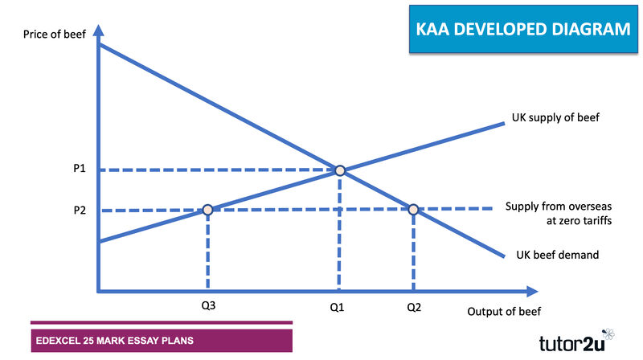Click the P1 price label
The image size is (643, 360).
(80, 168)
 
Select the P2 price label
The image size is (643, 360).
(80, 211)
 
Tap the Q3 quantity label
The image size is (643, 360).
(208, 305)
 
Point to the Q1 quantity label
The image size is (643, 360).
(337, 307)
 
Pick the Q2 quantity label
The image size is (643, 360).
(414, 307)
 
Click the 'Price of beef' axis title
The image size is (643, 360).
(55, 34)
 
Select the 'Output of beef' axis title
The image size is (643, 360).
(504, 312)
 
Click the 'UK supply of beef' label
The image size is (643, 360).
(555, 117)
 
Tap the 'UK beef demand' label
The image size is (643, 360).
(557, 255)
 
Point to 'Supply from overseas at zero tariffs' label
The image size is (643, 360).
(559, 213)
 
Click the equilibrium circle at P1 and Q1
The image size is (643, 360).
(340, 170)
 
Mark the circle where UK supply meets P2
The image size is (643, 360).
(208, 210)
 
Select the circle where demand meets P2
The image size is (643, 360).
(413, 210)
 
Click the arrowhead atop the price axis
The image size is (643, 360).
(98, 31)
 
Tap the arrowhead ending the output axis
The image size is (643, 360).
(532, 292)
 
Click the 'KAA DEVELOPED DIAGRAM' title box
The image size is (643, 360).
(523, 29)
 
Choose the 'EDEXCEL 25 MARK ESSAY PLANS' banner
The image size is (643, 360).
(162, 341)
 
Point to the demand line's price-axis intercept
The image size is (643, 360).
(99, 44)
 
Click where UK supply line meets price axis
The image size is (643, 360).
(99, 242)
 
